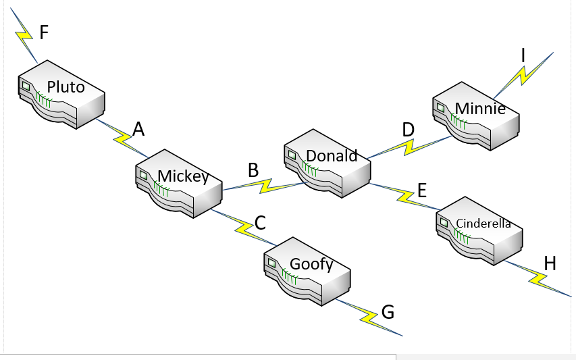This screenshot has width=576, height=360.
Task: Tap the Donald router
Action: coord(327,163)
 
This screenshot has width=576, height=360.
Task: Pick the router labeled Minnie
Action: coord(476,115)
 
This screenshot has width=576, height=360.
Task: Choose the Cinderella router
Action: coord(480,230)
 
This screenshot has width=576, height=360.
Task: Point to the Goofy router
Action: coord(307,270)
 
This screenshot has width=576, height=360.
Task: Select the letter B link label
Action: coord(253,170)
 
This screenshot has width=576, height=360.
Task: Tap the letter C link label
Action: coord(260,223)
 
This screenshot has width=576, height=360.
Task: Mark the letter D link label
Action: coord(408,129)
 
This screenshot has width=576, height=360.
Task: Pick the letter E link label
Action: coord(422,190)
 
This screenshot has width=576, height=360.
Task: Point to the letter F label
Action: coord(44,32)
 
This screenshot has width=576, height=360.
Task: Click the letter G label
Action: coord(388,311)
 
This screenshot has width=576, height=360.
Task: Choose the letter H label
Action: coord(550,263)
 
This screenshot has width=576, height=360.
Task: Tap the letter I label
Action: coord(523,55)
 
